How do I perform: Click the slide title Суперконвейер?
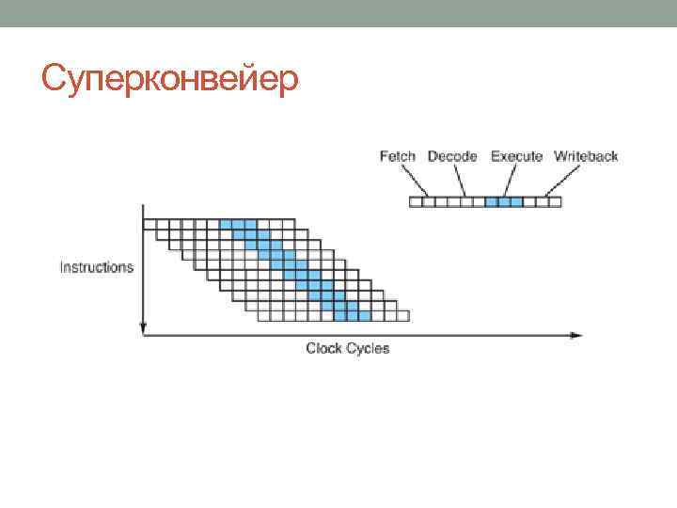coord(170,80)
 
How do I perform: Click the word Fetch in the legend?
coord(398,156)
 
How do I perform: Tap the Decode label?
coord(452,156)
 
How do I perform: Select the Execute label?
coord(516,156)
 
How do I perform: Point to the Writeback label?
coord(586,156)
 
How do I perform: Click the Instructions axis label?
coord(97,267)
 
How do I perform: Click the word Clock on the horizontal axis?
coord(324,348)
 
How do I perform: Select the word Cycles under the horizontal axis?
coord(368,348)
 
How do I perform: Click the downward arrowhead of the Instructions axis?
coord(143,328)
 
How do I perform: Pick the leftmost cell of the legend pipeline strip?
coord(416,201)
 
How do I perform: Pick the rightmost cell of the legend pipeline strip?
coord(555,201)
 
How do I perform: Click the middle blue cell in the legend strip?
coord(504,201)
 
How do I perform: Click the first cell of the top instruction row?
coord(150,224)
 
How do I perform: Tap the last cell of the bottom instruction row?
coord(403,314)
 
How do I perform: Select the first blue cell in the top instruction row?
coord(226,224)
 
